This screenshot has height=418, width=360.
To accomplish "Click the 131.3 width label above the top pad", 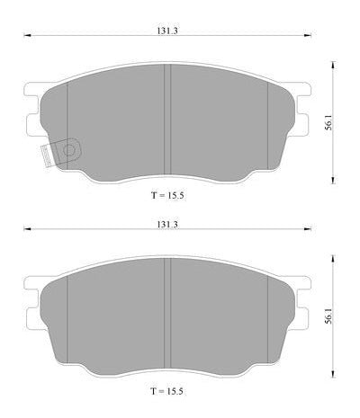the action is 167,31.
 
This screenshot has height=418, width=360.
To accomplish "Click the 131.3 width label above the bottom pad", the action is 167,225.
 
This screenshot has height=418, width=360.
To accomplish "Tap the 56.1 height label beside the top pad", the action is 329,123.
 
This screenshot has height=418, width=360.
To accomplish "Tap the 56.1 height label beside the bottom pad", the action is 329,316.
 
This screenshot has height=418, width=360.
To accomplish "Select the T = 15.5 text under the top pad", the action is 167,196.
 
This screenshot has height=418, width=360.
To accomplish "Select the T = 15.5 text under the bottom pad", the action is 167,391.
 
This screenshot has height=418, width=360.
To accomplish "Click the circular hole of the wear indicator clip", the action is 69,150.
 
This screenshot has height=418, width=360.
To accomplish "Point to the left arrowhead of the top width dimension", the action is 27,36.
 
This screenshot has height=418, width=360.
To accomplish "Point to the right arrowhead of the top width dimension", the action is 308,36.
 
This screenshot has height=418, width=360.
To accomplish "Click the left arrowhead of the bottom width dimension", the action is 27,229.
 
